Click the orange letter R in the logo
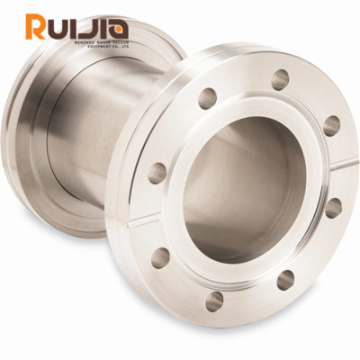(38, 27)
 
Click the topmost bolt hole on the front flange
(280, 79)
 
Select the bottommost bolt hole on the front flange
(214, 301)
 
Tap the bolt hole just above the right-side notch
(331, 125)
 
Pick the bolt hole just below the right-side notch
(333, 208)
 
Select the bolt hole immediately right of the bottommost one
(285, 280)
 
